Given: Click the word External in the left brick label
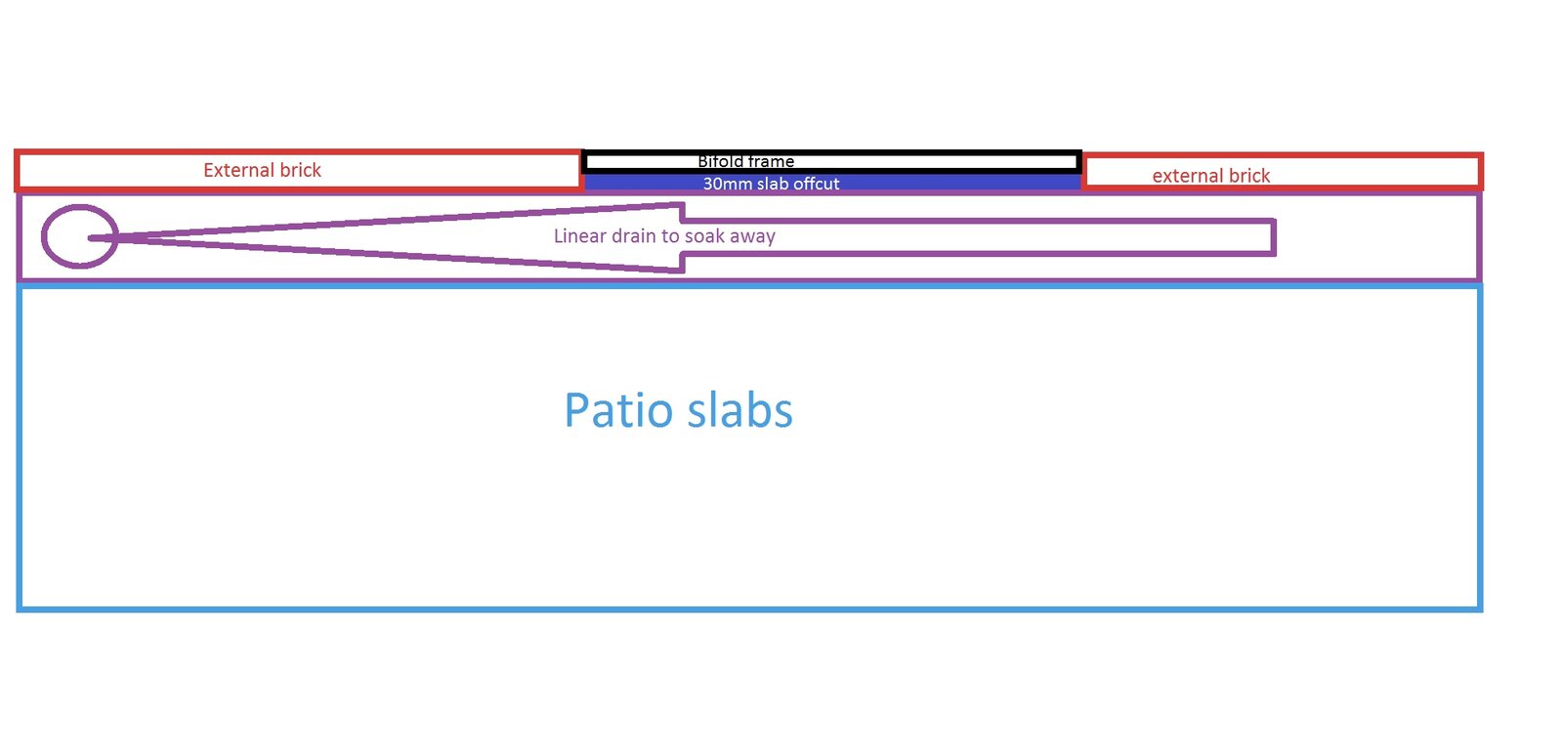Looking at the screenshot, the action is (x=238, y=170).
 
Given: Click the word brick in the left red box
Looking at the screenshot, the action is (x=301, y=170).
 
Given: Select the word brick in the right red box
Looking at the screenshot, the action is (x=1249, y=176).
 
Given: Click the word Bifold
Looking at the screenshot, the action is (x=720, y=162).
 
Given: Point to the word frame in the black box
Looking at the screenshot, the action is (x=771, y=162).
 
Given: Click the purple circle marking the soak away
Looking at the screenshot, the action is (x=79, y=236).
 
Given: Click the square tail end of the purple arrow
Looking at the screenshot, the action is (x=1274, y=237).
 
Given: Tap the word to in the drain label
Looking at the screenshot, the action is (x=670, y=235).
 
